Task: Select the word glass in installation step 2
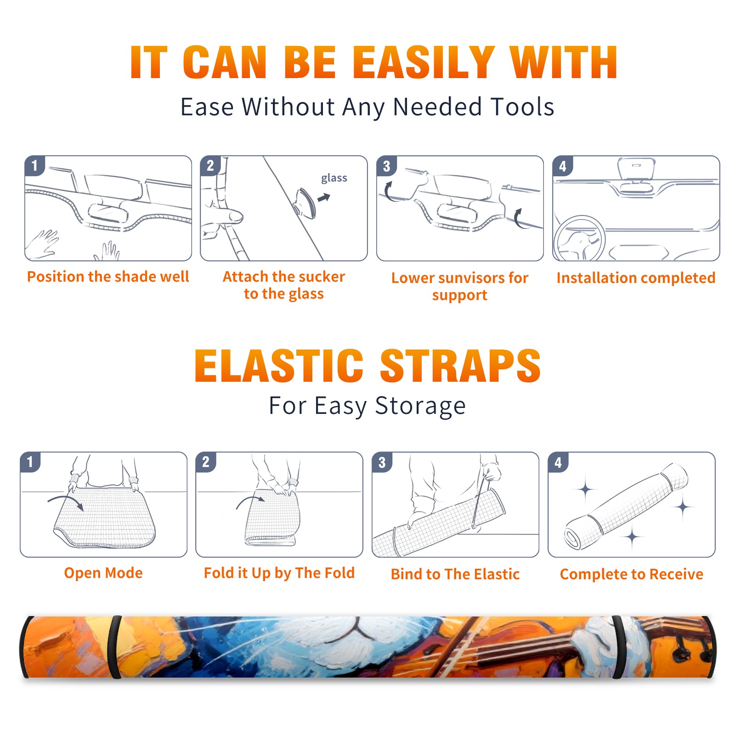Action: click(x=334, y=178)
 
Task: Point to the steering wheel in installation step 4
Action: click(x=579, y=238)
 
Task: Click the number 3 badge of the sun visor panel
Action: click(x=386, y=166)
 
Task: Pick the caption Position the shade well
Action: click(x=108, y=277)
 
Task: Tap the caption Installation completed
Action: click(x=636, y=277)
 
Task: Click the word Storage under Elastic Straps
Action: click(x=420, y=406)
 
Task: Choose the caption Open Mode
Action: click(x=103, y=573)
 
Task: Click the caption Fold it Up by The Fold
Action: click(x=279, y=573)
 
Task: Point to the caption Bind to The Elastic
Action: click(x=455, y=574)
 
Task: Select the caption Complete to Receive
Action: click(x=632, y=574)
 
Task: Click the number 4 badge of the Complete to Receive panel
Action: click(x=558, y=462)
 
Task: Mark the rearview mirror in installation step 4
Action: click(x=636, y=169)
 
